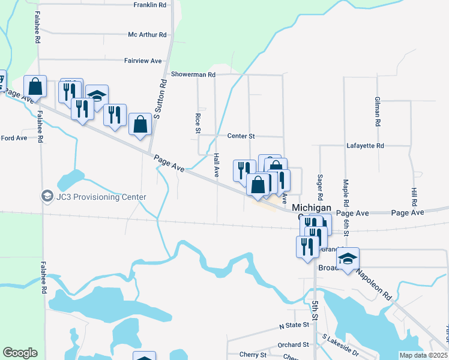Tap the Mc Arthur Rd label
coord(147,35)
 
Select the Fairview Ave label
coord(143,61)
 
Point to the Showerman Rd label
coord(193,74)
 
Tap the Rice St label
coord(197,122)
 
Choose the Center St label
coord(241,136)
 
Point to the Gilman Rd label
coord(377,111)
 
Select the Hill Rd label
coord(414,196)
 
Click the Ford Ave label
coord(14,138)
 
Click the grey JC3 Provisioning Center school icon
coord(47,196)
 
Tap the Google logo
coord(20,353)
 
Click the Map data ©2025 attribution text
coord(423,355)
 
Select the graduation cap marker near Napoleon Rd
coord(348,258)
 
